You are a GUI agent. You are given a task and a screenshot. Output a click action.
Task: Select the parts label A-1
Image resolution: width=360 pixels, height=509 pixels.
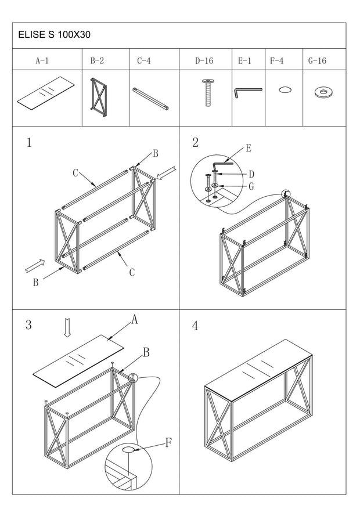point(42,60)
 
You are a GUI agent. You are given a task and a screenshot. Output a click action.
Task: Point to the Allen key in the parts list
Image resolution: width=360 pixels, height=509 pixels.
point(248,92)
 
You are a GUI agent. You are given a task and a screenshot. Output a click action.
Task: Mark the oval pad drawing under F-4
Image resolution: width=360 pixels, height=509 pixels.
point(285,89)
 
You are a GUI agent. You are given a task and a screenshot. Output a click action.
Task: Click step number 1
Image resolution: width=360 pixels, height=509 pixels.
point(29,143)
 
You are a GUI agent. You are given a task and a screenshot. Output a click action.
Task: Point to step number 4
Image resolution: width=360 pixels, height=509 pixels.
point(195,326)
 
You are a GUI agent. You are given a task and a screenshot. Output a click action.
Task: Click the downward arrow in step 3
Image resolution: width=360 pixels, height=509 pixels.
point(67,328)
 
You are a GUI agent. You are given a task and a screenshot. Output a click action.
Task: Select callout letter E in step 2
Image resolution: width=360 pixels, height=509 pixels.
point(248,149)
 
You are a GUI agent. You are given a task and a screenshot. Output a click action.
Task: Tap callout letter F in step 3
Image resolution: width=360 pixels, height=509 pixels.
point(168,443)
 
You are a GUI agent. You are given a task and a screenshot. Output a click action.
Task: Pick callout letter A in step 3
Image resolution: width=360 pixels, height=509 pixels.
point(134,319)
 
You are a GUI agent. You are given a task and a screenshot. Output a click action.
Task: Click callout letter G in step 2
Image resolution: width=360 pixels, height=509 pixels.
point(251,186)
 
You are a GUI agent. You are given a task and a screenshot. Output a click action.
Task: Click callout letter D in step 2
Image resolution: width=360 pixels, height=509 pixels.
point(251,174)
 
